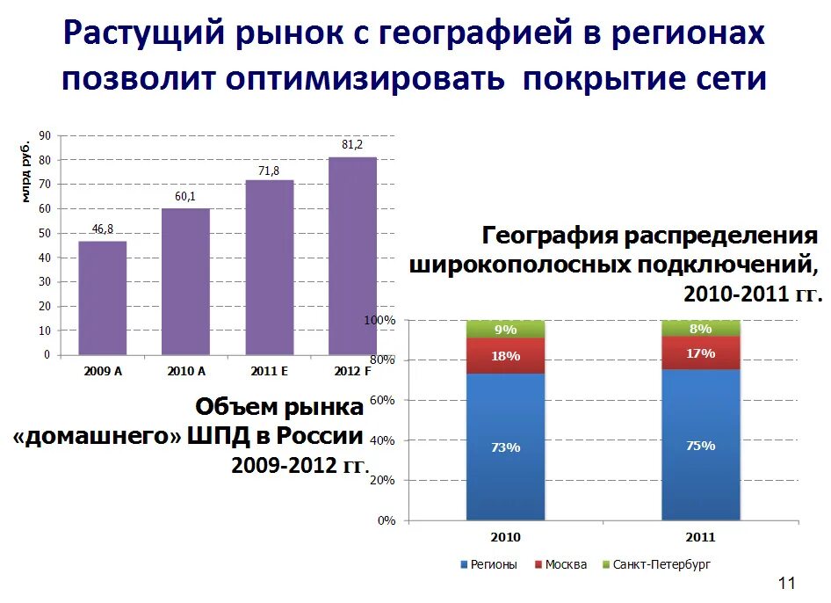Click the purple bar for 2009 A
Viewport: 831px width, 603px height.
click(x=103, y=298)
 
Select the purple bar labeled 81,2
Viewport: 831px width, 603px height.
click(x=352, y=256)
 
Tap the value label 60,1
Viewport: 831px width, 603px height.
click(x=185, y=196)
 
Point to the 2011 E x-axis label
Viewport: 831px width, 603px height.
click(x=269, y=371)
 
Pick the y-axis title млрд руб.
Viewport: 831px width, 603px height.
click(x=26, y=169)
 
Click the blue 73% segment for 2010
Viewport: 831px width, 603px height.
click(x=505, y=447)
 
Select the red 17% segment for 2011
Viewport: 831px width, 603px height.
click(x=700, y=352)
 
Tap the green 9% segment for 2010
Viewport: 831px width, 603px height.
click(x=505, y=330)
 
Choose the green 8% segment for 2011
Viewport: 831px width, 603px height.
click(x=700, y=328)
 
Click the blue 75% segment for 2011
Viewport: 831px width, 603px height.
click(x=700, y=445)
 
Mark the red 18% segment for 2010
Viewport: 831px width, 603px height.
click(x=505, y=356)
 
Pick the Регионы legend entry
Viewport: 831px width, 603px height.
click(x=488, y=564)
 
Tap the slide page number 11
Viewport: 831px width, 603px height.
click(x=786, y=583)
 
